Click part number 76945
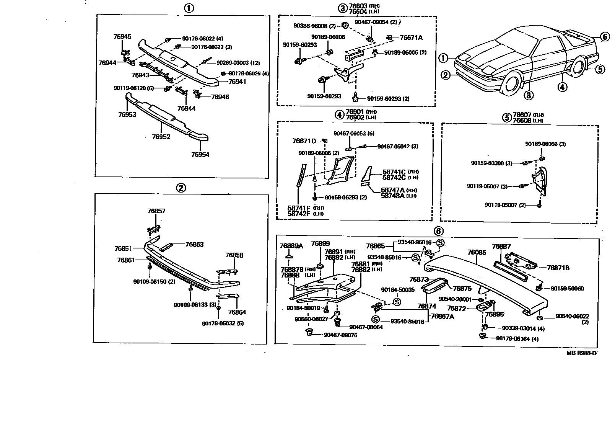click(122, 37)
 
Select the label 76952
click(161, 137)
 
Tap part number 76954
click(200, 155)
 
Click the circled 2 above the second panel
click(181, 188)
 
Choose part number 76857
click(156, 211)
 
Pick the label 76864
click(237, 312)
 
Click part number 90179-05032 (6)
click(223, 323)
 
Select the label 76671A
click(411, 38)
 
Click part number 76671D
click(304, 141)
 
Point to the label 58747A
click(392, 190)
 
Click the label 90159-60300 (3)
click(491, 163)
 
